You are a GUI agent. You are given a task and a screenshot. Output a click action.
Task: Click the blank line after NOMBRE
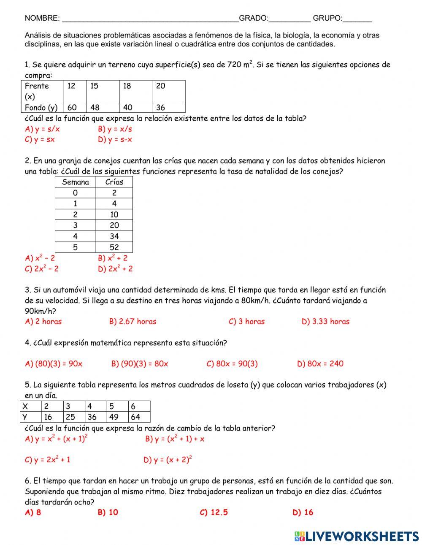point(150,19)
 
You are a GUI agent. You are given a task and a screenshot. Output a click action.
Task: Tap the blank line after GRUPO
point(357,19)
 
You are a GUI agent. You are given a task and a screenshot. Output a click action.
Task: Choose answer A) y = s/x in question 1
point(42,129)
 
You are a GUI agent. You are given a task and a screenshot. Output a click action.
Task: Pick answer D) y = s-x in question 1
point(115,140)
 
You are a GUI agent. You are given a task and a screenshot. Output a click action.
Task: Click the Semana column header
point(76,182)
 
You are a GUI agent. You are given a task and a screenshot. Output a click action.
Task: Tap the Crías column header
point(114,182)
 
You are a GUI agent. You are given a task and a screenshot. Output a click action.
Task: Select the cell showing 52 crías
point(114,247)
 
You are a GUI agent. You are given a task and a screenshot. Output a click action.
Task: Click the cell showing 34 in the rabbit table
point(114,236)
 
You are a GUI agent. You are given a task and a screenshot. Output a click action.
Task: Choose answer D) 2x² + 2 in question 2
point(115,268)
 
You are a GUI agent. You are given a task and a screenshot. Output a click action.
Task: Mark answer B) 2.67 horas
point(133,322)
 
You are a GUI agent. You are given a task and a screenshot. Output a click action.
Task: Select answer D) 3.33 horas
point(325,322)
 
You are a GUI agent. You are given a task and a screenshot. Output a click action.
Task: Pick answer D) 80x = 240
point(320,364)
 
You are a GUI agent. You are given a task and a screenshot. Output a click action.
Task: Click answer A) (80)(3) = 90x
point(54,364)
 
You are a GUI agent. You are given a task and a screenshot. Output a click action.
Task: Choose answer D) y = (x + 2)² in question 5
point(168,460)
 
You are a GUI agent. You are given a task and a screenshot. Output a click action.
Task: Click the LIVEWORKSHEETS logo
point(357,536)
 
